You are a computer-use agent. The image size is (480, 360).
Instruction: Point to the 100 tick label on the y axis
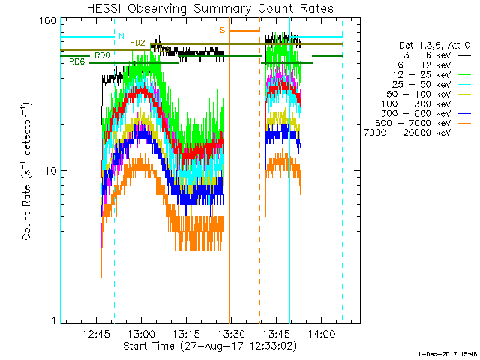[x=48, y=20]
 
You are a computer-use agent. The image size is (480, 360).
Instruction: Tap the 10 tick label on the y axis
[x=51, y=170]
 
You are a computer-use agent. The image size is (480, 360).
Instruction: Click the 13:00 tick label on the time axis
[x=141, y=334]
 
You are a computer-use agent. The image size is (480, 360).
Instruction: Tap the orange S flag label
[x=222, y=30]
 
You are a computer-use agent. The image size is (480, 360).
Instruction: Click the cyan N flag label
[x=121, y=35]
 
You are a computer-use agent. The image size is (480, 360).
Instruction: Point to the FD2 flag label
[x=137, y=43]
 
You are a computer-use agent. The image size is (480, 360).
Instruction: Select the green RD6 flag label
[x=76, y=61]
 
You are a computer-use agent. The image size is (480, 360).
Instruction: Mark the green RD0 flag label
[x=101, y=55]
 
